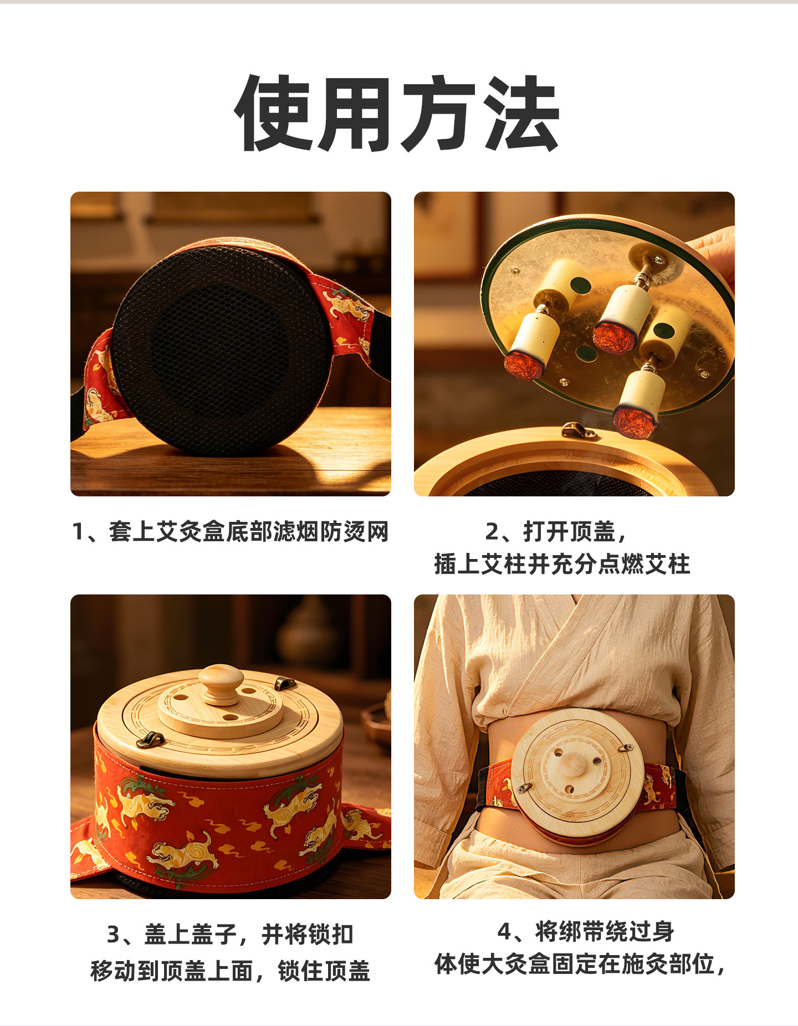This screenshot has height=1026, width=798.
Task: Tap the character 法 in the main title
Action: [x=521, y=112]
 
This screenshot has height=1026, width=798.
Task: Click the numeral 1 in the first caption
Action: [x=78, y=532]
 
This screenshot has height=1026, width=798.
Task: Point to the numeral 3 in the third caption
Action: [x=114, y=935]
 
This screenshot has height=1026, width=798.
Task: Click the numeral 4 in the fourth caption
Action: [x=504, y=931]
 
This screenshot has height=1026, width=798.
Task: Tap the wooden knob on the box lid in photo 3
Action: [x=221, y=684]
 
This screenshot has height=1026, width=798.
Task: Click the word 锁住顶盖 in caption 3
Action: [x=324, y=972]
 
